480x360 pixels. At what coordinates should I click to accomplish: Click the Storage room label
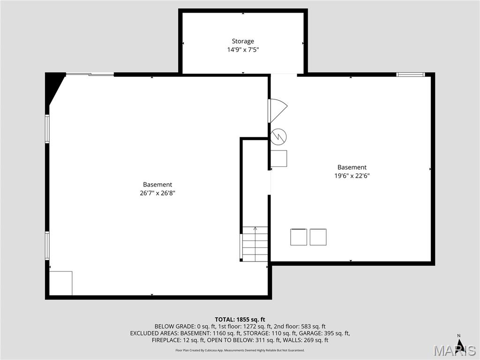(243, 41)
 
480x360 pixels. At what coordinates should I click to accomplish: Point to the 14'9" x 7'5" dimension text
(243, 49)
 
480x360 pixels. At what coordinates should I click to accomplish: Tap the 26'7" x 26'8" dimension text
(157, 193)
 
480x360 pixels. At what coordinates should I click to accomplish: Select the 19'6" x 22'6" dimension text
(352, 176)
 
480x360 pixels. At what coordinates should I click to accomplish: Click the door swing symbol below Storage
(277, 111)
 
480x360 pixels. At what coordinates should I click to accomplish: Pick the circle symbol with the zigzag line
(279, 136)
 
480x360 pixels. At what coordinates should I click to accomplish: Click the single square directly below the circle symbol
(279, 158)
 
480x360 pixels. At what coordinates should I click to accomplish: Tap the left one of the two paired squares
(299, 237)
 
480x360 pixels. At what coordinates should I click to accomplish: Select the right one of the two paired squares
(318, 237)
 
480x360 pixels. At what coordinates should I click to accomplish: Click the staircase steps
(255, 244)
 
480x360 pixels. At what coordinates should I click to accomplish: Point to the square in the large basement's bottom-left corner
(61, 283)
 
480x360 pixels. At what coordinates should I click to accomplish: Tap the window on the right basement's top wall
(410, 74)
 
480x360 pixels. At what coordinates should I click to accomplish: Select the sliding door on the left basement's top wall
(90, 74)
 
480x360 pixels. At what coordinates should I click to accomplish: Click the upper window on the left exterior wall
(47, 128)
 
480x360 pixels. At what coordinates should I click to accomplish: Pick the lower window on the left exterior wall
(47, 245)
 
